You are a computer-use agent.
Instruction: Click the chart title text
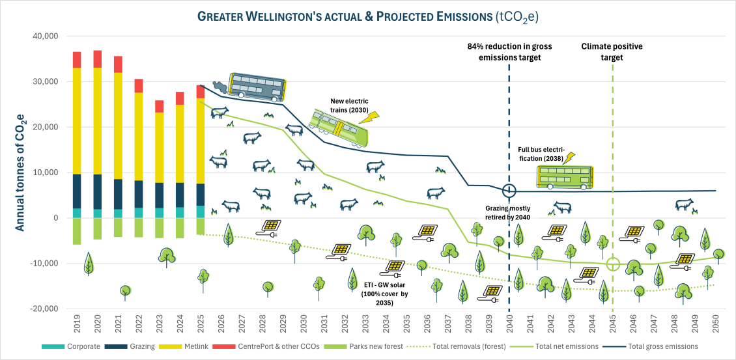point(368,14)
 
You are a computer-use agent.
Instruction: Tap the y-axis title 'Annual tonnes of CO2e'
point(20,171)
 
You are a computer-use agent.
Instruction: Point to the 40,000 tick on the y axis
point(46,36)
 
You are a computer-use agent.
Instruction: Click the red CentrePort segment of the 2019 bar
point(77,60)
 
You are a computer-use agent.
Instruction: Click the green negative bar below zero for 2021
point(118,227)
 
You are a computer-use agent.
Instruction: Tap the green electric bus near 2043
point(564,176)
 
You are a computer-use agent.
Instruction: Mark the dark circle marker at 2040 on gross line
point(509,191)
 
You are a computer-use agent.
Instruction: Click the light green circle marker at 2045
point(612,264)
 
